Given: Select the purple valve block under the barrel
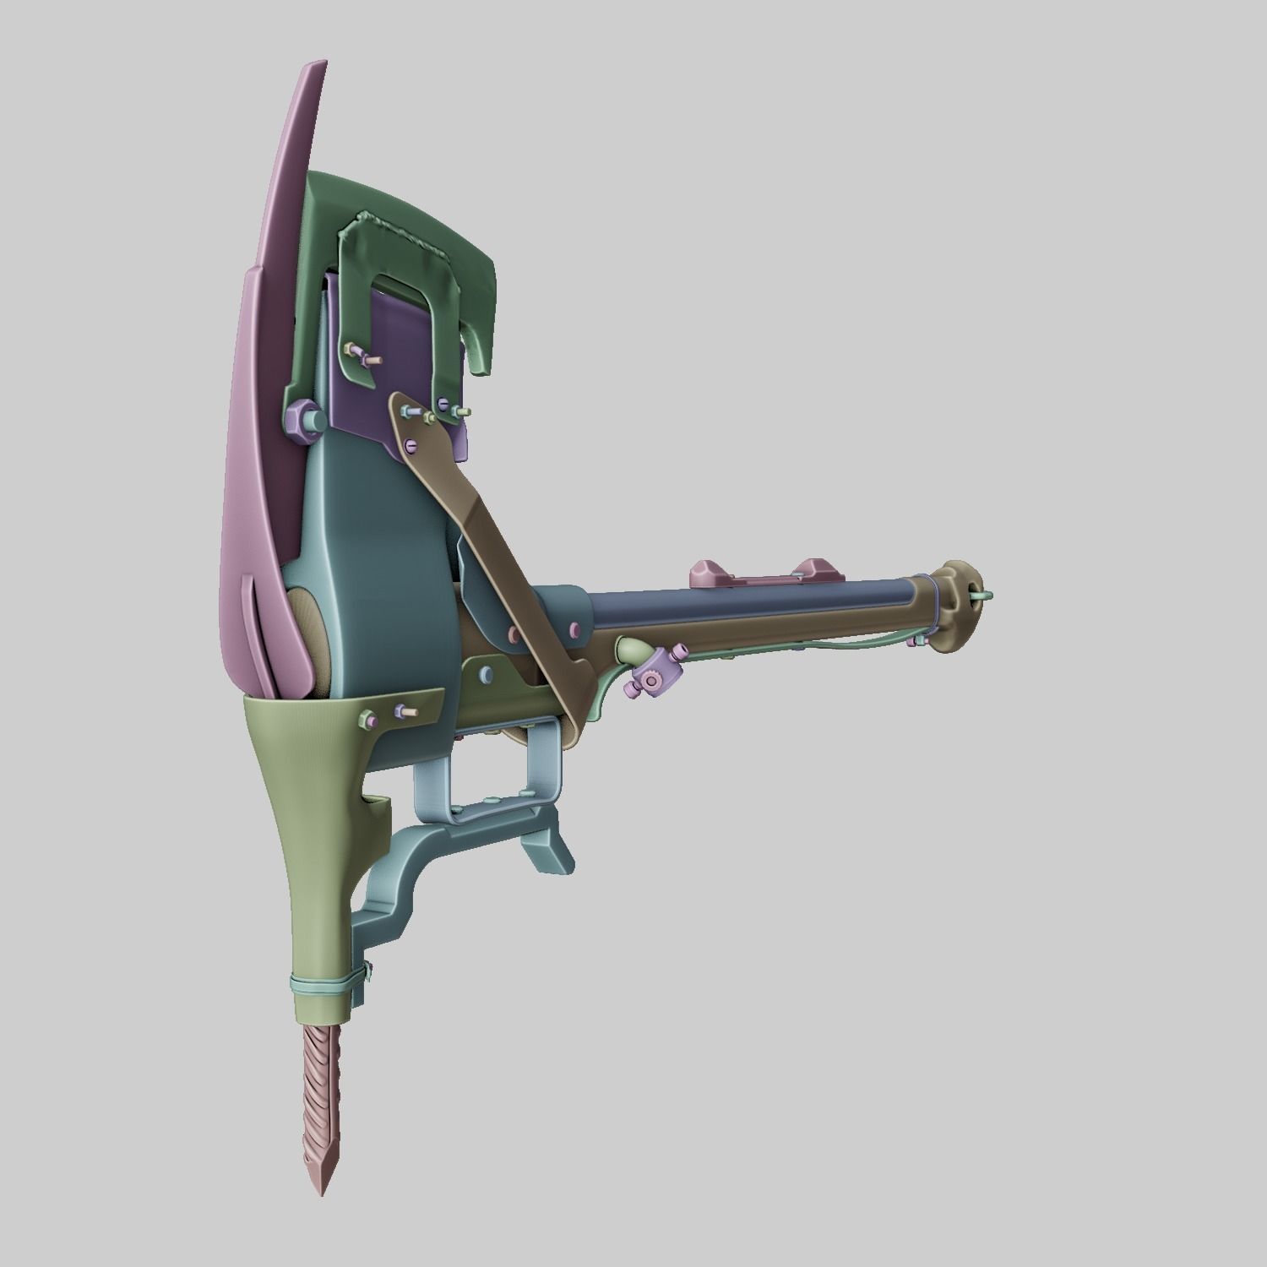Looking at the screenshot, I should pos(650,680).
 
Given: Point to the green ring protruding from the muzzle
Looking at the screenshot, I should pos(982,596).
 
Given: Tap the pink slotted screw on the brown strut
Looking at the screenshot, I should pos(410,443).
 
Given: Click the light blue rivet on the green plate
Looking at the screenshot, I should pos(487,673).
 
